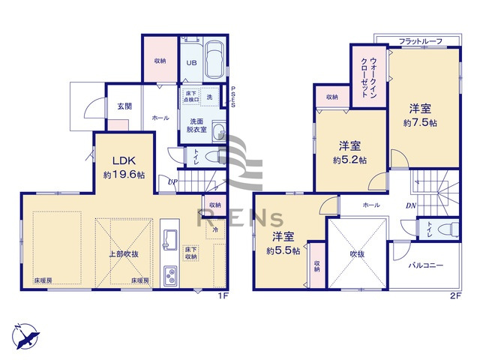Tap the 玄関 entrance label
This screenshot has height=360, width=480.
click(124, 106)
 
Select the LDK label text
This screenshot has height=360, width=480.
click(124, 160)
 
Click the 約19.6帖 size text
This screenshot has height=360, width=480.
click(124, 177)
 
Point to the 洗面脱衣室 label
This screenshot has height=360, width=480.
click(198, 126)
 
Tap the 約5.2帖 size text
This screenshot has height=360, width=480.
click(350, 160)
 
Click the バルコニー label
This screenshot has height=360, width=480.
click(426, 265)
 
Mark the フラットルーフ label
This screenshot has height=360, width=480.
click(419, 40)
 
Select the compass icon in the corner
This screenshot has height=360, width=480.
click(25, 331)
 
